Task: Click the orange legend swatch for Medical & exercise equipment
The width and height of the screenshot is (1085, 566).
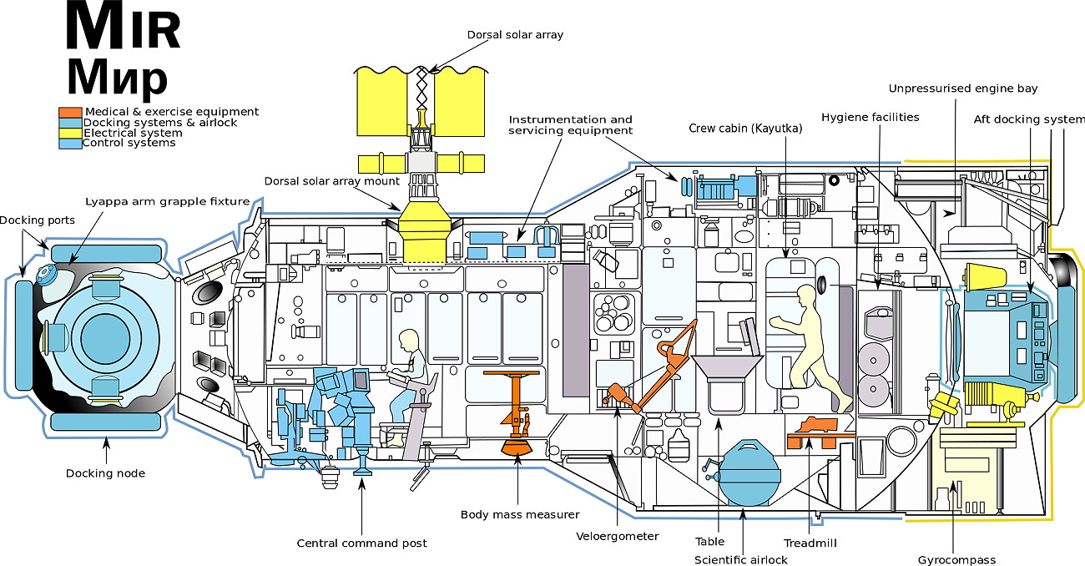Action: (70, 112)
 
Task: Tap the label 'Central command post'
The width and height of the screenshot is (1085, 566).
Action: (361, 543)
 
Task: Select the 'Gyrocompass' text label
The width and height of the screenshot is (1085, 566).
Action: (956, 560)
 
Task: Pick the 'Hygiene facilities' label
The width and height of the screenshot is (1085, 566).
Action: (870, 117)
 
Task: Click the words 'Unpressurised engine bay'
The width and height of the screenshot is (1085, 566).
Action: (963, 88)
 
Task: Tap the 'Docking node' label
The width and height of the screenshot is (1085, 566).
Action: (105, 473)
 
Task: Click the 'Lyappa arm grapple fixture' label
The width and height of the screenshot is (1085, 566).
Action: (167, 201)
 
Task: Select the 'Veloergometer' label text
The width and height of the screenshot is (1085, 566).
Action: (617, 536)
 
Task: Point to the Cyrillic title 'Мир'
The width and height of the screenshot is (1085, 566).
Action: (117, 78)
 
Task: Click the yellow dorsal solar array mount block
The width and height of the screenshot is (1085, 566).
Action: (428, 230)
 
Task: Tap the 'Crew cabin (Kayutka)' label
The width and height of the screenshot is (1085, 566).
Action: (745, 129)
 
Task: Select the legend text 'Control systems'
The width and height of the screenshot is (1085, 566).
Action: (129, 143)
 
